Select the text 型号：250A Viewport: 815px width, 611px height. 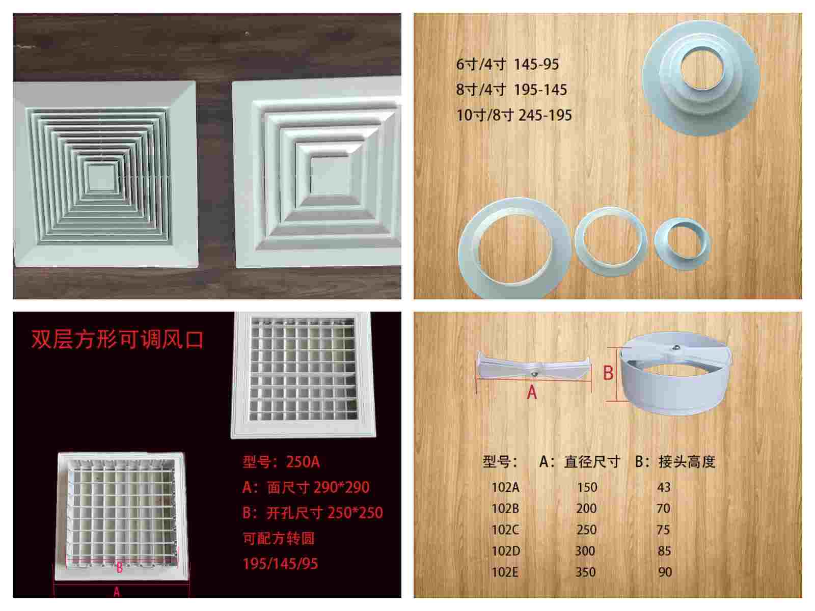tap(281, 462)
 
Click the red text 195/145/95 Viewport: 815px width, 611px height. tap(280, 564)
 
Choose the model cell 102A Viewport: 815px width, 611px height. tap(505, 487)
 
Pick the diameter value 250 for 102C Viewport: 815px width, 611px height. tap(587, 530)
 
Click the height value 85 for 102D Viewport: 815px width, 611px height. tap(664, 551)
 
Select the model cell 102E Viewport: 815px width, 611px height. tap(505, 572)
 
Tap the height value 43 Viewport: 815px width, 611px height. tap(664, 487)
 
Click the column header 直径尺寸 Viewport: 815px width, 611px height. tap(592, 462)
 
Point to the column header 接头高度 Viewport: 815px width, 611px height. tap(687, 462)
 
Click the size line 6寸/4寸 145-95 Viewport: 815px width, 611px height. tap(507, 65)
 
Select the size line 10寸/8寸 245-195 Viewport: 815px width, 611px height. tap(514, 116)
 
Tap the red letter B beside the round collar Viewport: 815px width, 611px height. tap(608, 373)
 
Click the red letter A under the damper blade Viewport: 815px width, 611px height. tap(532, 393)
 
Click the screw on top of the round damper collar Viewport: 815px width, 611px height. tap(675, 348)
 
